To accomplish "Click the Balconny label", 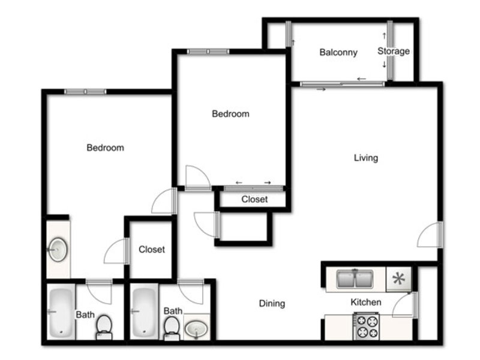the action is click(338, 52).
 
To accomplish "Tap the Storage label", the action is click(394, 51).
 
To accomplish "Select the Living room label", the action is click(366, 158).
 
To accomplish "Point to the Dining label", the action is click(272, 304).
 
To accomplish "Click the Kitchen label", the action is click(366, 302).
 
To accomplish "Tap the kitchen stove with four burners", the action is click(367, 326).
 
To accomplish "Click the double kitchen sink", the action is click(355, 278).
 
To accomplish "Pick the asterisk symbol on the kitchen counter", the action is click(399, 278).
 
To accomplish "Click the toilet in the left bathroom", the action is click(104, 327).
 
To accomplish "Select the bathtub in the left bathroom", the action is click(61, 311).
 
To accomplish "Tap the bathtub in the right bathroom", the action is click(144, 311).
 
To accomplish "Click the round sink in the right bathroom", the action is click(196, 329).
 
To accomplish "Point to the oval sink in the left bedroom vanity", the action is click(58, 250).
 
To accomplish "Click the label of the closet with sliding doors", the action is click(254, 199).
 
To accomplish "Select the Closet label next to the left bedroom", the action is click(152, 250).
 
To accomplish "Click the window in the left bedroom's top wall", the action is click(85, 92).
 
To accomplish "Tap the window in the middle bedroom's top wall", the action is click(208, 52).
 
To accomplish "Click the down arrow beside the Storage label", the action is click(384, 64).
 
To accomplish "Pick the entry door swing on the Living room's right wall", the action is click(428, 235).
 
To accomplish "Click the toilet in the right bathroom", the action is click(172, 328).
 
